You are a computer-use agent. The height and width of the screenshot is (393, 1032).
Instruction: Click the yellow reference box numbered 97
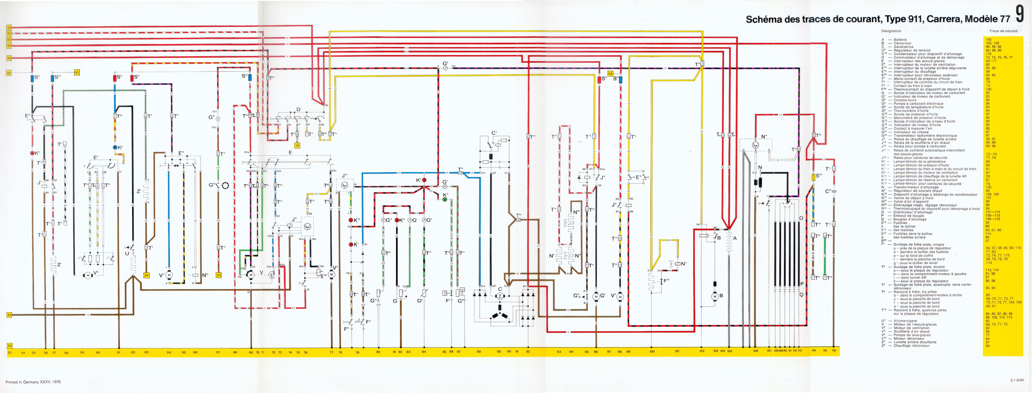[77, 73]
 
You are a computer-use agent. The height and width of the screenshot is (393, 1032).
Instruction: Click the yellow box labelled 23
[218, 275]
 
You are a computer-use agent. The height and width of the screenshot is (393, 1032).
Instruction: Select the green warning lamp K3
[444, 199]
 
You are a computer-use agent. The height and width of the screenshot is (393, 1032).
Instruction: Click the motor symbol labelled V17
[169, 275]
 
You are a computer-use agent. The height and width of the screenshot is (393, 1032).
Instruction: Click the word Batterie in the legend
[900, 40]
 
